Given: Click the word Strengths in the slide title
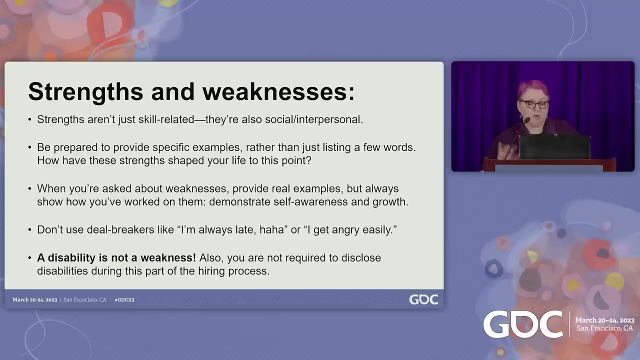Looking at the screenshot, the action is tap(85, 92).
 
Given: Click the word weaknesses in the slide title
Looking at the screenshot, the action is tap(275, 92).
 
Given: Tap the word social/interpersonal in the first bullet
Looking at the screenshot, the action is tap(314, 119).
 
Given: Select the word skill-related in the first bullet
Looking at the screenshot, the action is tap(166, 119).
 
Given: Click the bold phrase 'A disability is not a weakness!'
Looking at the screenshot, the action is tap(116, 257).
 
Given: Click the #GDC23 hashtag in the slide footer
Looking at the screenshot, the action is tap(124, 299).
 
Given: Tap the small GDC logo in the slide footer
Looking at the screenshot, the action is tap(423, 299).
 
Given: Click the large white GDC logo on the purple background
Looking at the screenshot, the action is tap(523, 324).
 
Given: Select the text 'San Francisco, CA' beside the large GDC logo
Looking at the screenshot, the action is tap(604, 328).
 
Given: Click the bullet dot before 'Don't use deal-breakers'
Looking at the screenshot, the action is tap(29, 229).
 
